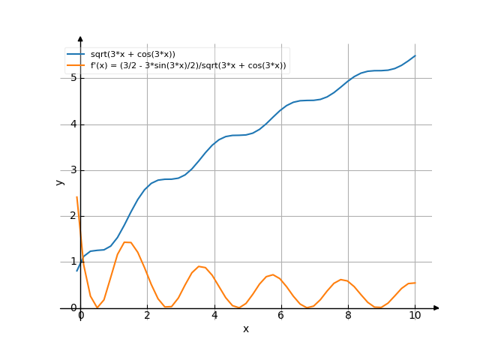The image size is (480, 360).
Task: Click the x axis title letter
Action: [246, 328]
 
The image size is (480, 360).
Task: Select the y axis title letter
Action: [60, 182]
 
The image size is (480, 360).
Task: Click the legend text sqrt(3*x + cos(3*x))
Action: [133, 55]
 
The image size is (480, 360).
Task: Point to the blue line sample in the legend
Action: [76, 55]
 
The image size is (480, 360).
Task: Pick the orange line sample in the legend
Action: [76, 66]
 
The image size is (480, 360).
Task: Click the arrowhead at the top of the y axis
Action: [80, 38]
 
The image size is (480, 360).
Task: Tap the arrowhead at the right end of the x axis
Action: [436, 308]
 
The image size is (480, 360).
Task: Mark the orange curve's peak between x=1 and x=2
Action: [127, 242]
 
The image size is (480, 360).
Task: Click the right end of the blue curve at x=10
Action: [415, 55]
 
